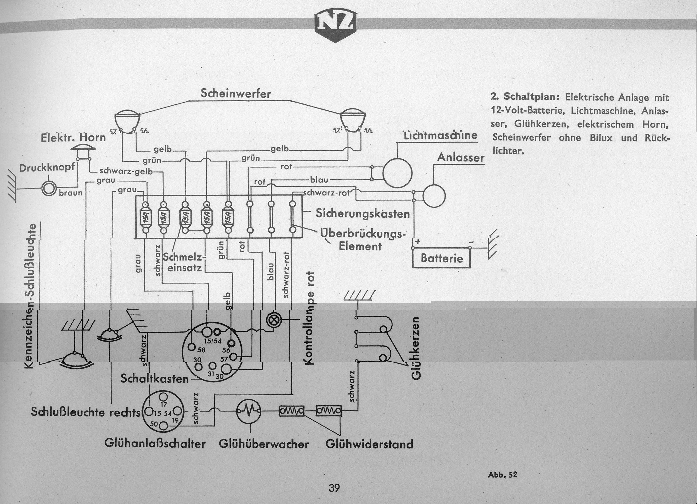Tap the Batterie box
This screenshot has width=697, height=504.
[x=441, y=258]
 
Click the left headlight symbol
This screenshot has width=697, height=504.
[x=128, y=119]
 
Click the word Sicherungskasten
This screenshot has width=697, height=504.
[x=363, y=214]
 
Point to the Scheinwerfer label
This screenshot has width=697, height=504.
[x=235, y=94]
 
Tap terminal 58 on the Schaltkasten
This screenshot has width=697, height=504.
[x=192, y=348]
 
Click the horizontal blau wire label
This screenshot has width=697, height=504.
[x=319, y=180]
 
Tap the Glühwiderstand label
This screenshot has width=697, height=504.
[x=369, y=444]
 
